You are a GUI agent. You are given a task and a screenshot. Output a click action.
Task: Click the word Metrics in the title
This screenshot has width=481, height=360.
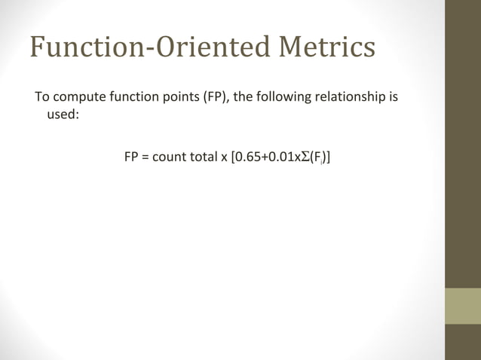[x=326, y=47]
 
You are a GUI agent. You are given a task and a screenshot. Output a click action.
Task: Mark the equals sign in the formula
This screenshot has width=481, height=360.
[x=146, y=159]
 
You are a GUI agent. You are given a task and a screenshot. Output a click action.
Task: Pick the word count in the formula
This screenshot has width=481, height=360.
[x=168, y=158]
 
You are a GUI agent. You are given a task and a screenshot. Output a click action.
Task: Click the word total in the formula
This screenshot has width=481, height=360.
[x=202, y=158]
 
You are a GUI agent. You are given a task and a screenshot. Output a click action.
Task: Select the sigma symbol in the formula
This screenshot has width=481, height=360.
[x=303, y=158]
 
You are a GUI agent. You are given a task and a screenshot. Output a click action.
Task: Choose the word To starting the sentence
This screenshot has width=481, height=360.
[x=42, y=99]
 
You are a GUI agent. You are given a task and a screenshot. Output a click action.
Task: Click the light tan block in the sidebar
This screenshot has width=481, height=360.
[x=462, y=306]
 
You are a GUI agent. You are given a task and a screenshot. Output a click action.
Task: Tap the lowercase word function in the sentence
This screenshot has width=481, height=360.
[x=129, y=99]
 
